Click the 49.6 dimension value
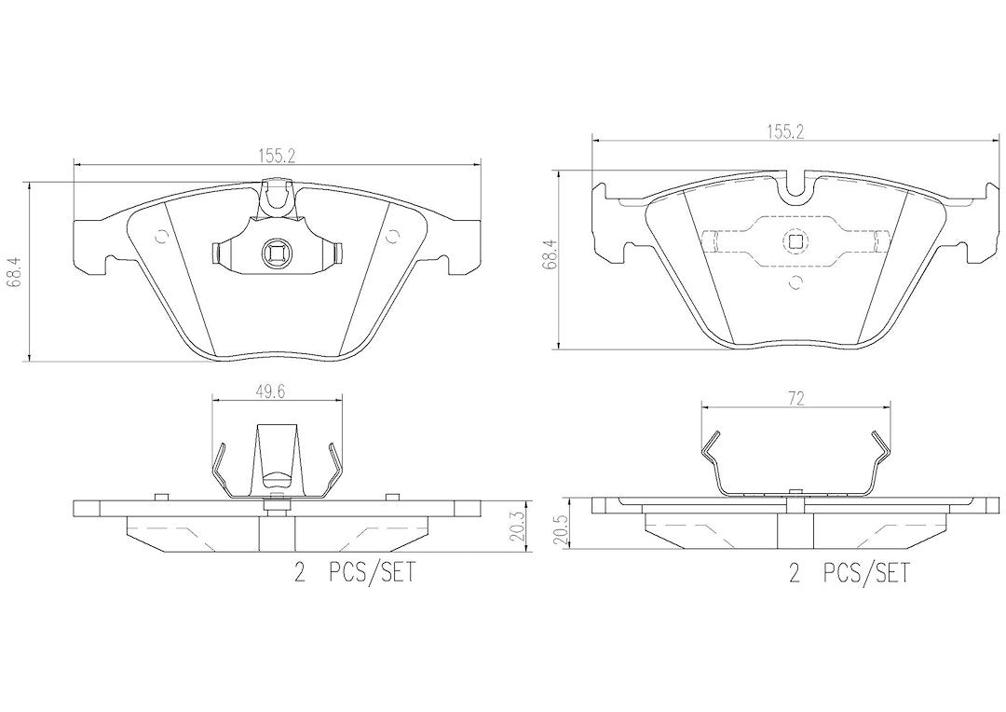[x=273, y=391]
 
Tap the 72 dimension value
[x=795, y=399]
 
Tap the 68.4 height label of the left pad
[x=16, y=270]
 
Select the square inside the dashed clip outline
[x=795, y=241]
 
